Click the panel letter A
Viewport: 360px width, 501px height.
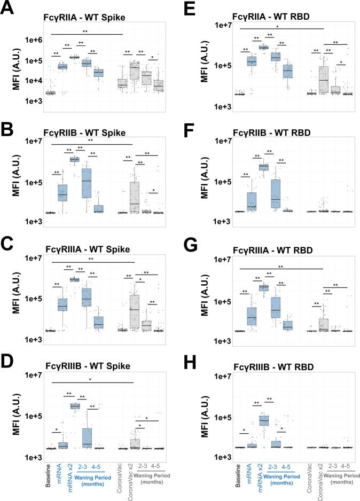[x=9, y=9]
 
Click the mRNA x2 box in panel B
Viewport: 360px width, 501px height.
[x=74, y=159]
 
